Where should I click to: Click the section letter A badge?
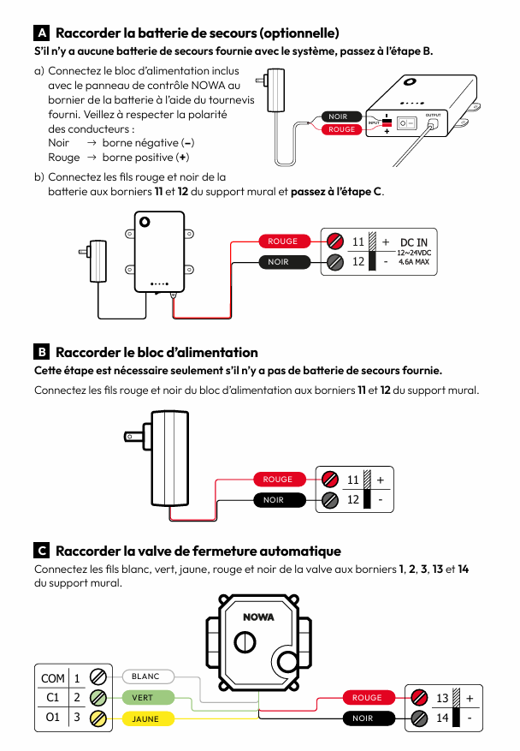point(41,33)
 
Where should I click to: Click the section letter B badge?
point(41,352)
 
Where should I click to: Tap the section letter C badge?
point(41,551)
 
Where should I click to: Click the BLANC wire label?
point(146,676)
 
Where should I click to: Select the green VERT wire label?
point(143,698)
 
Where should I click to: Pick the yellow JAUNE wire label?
point(145,718)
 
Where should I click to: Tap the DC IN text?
point(419,242)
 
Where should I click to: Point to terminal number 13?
point(442,698)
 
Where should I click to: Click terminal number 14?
point(442,718)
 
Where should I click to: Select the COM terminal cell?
point(52,678)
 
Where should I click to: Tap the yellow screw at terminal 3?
point(99,718)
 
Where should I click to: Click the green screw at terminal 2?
point(99,698)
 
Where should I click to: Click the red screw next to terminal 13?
point(419,698)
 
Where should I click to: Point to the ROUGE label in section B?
point(278,480)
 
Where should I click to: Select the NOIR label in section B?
point(274,500)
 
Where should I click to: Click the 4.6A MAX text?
point(417,263)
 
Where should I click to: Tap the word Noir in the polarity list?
point(59,143)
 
